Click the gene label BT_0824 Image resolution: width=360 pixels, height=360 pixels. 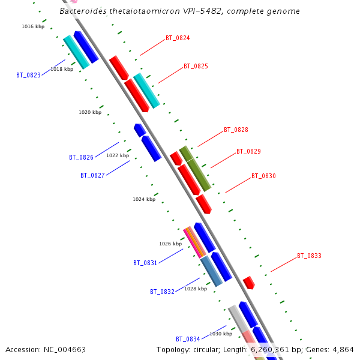178,38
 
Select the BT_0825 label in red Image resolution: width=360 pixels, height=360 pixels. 196,66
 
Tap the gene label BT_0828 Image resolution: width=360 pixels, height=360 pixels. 236,130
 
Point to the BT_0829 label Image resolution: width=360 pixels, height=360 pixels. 248,152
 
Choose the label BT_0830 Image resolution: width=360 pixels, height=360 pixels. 263,176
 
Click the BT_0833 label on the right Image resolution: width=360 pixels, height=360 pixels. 309,256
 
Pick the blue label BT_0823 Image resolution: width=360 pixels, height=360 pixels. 29,76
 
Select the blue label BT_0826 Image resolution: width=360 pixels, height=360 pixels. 81,158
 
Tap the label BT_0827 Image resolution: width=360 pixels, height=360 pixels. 92,176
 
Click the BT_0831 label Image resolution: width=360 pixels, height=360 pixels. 145,263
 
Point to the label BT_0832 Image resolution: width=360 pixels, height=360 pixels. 162,292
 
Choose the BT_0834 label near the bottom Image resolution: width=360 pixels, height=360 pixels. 188,340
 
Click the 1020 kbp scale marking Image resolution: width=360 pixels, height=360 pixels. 90,113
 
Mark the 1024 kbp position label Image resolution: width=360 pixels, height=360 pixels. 144,199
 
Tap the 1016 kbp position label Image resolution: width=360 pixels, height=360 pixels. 33,27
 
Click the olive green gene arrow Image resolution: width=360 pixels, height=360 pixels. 196,169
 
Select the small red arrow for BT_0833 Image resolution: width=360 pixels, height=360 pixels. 248,283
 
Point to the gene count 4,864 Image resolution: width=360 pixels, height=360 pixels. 342,350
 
